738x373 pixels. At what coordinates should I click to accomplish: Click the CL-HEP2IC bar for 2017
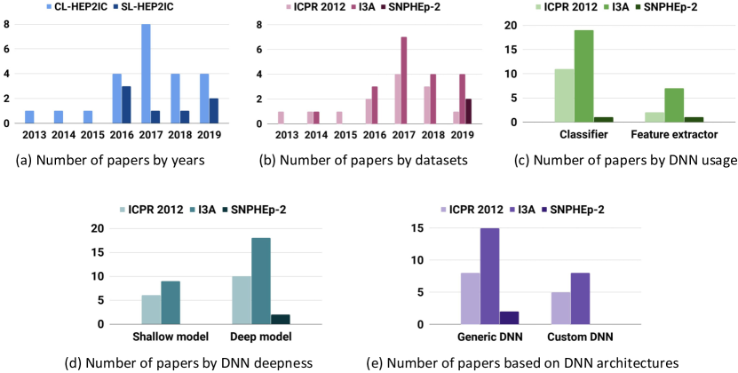click(145, 73)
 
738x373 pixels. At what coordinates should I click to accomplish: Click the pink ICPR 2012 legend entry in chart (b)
click(323, 8)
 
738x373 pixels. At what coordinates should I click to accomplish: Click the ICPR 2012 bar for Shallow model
click(151, 309)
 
